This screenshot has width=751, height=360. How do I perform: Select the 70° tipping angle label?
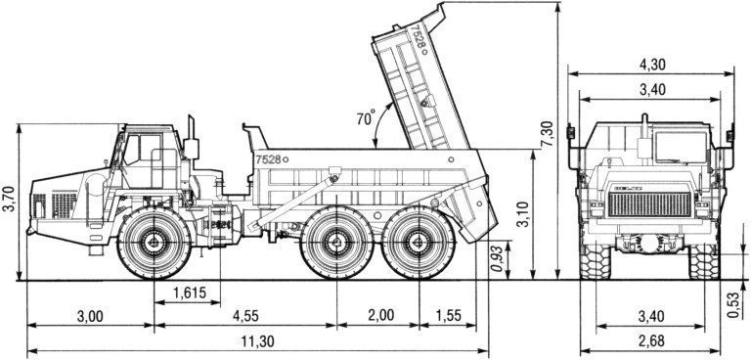(x=366, y=117)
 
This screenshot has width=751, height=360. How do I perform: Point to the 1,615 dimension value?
(x=188, y=292)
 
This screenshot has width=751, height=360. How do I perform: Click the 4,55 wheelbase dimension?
(x=245, y=316)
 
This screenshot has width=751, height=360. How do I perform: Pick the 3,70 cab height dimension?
(x=9, y=199)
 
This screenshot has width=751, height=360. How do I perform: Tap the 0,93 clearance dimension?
(x=497, y=259)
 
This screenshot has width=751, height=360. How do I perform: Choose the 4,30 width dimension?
(x=651, y=65)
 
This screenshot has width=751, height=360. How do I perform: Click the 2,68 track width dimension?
(x=651, y=341)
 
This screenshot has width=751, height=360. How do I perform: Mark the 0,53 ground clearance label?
(x=733, y=305)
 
